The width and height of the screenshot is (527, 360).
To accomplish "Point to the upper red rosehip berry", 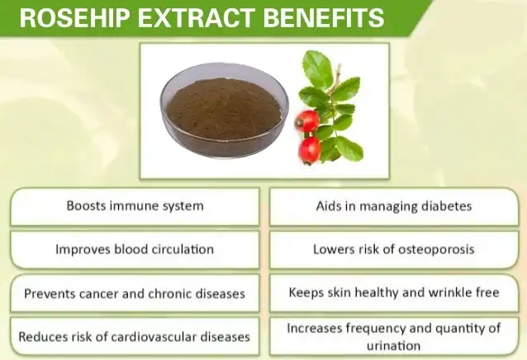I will click(x=307, y=121).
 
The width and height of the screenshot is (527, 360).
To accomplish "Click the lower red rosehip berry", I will click(x=311, y=149).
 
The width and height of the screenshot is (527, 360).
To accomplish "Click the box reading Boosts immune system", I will click(x=135, y=206).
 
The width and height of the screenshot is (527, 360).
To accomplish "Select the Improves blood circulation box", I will click(x=135, y=249).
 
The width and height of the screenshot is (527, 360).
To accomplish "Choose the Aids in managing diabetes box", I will click(x=393, y=206).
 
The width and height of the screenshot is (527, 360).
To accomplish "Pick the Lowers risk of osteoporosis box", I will click(x=393, y=249).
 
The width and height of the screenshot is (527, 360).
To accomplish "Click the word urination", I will click(x=393, y=346).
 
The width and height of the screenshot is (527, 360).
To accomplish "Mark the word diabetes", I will click(x=444, y=206).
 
